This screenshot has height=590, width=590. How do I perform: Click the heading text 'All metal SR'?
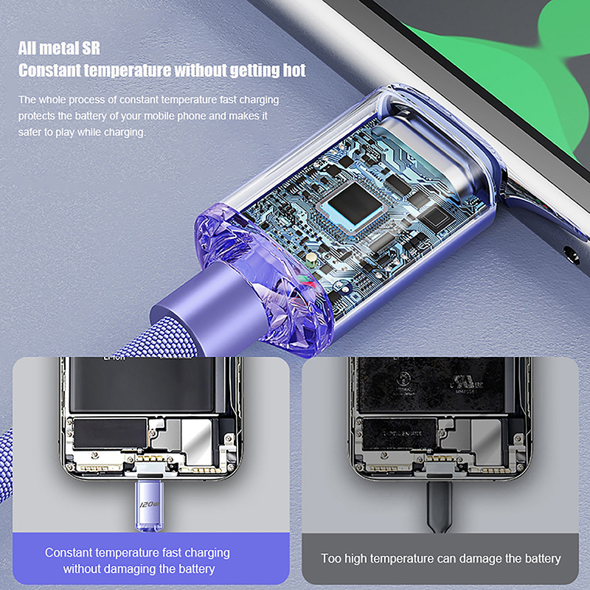pos(59,49)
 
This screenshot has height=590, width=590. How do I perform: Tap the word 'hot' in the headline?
pos(294,70)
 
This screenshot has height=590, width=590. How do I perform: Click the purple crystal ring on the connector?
pos(263,279)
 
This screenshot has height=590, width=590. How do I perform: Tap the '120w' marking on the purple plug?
pos(150,504)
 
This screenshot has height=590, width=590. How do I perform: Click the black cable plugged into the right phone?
pos(439,506)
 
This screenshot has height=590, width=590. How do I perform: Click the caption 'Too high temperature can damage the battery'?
pos(440,558)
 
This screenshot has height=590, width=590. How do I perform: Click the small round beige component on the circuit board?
pos(310,258)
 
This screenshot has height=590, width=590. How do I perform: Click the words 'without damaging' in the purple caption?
pos(109,569)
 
